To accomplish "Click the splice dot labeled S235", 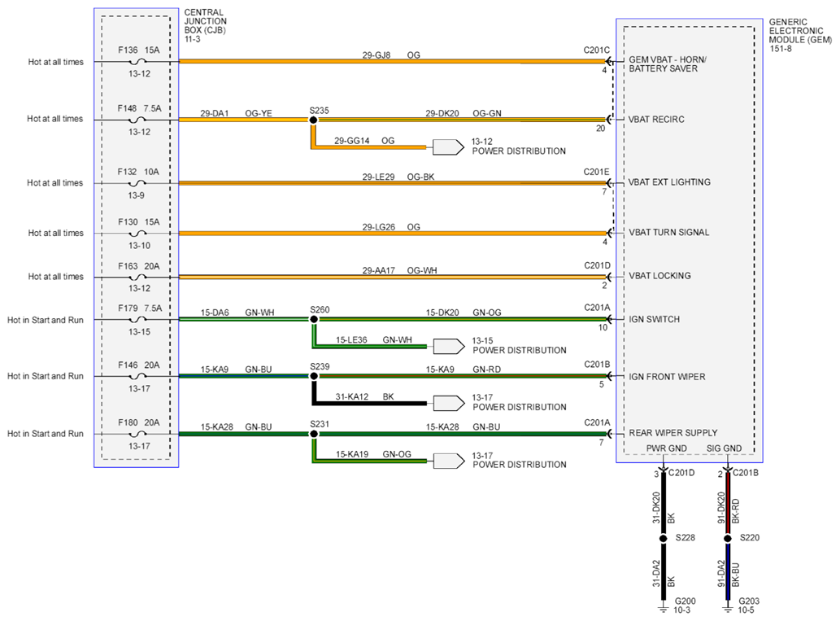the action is click(313, 120).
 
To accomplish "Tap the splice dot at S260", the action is click(314, 319).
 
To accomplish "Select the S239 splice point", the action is click(314, 376).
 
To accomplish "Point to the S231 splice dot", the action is click(314, 434).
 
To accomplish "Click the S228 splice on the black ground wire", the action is click(664, 539).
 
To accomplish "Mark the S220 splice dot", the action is click(728, 539).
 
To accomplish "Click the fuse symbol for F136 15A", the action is click(138, 62).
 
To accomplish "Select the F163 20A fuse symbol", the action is click(138, 278).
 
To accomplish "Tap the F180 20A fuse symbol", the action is click(138, 434).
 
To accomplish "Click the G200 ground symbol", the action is click(664, 607).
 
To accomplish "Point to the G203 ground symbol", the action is click(728, 607).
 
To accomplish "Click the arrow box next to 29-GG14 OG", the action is click(448, 147).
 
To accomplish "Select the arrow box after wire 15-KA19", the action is click(448, 461).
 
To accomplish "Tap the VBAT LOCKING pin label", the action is click(659, 276).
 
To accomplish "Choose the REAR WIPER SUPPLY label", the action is click(672, 433).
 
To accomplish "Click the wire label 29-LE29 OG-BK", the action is click(398, 177).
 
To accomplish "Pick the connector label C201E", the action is click(596, 173).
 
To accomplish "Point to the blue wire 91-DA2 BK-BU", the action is click(728, 571).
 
